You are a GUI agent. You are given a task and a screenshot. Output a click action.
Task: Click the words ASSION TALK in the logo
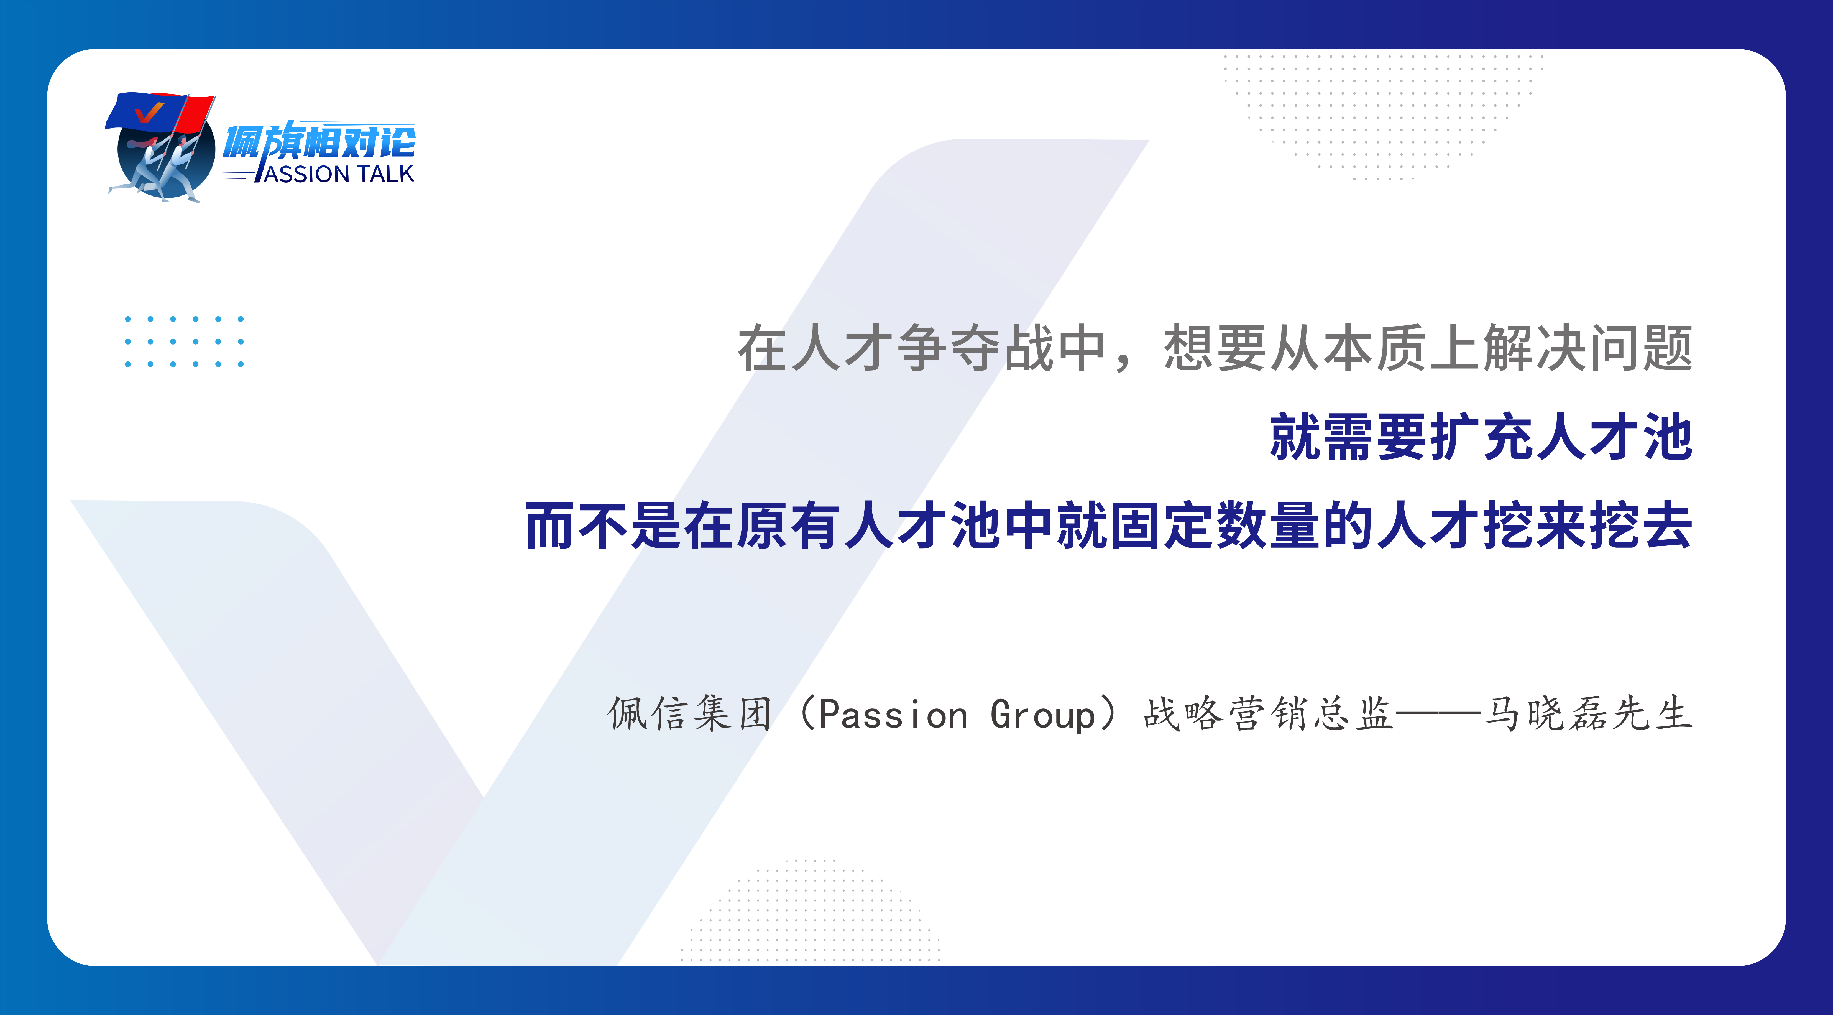(x=339, y=174)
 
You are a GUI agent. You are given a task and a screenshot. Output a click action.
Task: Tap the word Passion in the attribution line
(x=893, y=714)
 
